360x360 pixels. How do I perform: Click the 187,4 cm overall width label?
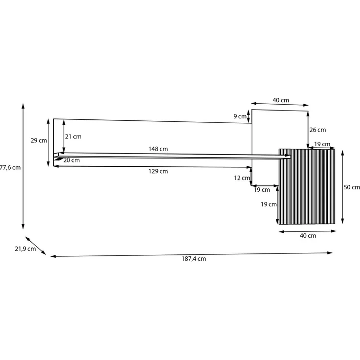(194, 259)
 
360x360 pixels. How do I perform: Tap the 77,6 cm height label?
(10, 168)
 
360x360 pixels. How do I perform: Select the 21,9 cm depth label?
(25, 249)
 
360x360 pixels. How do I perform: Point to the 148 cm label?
(158, 149)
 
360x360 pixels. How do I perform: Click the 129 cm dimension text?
(158, 171)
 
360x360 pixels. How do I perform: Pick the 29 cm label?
(39, 140)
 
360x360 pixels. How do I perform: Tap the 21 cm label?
(73, 136)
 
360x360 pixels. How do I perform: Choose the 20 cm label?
(71, 160)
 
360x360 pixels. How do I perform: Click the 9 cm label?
(240, 116)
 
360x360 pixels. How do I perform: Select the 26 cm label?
(317, 130)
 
